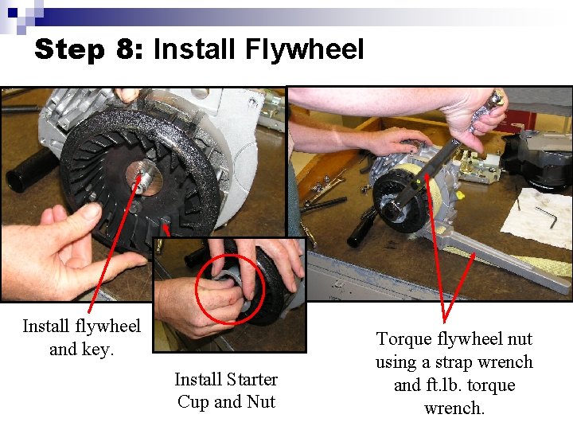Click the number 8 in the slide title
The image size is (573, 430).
click(x=125, y=49)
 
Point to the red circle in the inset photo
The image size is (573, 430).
click(x=230, y=288)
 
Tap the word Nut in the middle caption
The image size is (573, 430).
click(x=260, y=401)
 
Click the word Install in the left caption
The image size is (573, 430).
click(x=48, y=326)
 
